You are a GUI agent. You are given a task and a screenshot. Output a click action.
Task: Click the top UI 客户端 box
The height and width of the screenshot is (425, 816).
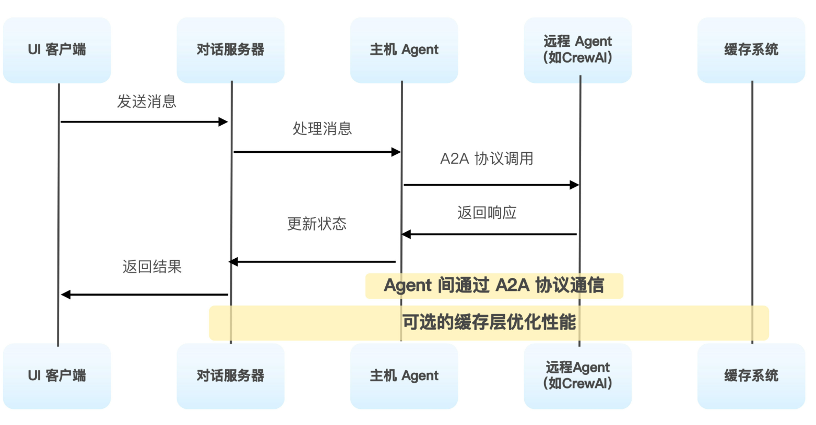coord(57,50)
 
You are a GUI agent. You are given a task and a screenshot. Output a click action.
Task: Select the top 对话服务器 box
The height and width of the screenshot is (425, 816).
coord(231,50)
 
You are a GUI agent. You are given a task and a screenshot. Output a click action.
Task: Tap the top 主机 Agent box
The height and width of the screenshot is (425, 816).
coord(404,50)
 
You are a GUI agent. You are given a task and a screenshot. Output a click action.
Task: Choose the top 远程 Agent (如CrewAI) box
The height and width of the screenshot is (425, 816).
coord(577,50)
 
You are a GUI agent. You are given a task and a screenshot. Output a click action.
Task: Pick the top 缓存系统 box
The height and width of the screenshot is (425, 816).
coord(751,50)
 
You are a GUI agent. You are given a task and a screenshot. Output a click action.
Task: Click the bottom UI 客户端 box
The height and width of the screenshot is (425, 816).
coord(57,376)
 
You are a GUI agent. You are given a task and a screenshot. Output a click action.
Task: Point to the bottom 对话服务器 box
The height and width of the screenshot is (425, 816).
coord(231,376)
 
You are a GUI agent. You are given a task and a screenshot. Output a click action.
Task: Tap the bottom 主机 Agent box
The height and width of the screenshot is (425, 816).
coord(404,376)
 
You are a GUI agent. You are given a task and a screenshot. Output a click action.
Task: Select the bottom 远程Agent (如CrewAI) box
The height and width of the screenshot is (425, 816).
coord(577,376)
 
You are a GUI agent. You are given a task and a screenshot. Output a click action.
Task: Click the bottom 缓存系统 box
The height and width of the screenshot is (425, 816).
coord(751,376)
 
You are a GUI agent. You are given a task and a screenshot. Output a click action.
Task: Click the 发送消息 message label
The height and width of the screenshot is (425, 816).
coord(147,102)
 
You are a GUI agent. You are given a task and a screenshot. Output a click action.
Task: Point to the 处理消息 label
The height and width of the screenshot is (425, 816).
coord(322,129)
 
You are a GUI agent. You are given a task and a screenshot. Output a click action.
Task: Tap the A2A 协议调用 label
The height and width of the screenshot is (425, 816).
coord(487,159)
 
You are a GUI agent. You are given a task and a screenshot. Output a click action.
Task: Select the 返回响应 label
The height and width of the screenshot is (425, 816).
coord(487,213)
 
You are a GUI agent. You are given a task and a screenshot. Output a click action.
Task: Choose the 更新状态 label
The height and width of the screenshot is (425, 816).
coord(317,224)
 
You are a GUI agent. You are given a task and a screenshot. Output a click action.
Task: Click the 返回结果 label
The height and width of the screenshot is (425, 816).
coord(152,267)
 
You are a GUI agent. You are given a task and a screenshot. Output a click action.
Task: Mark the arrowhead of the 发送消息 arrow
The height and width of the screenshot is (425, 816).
coord(224,122)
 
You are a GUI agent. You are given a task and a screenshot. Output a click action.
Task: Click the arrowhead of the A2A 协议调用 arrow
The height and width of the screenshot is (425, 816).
coord(574,185)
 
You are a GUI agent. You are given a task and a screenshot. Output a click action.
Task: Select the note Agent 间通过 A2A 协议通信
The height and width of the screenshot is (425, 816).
coord(494,286)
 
